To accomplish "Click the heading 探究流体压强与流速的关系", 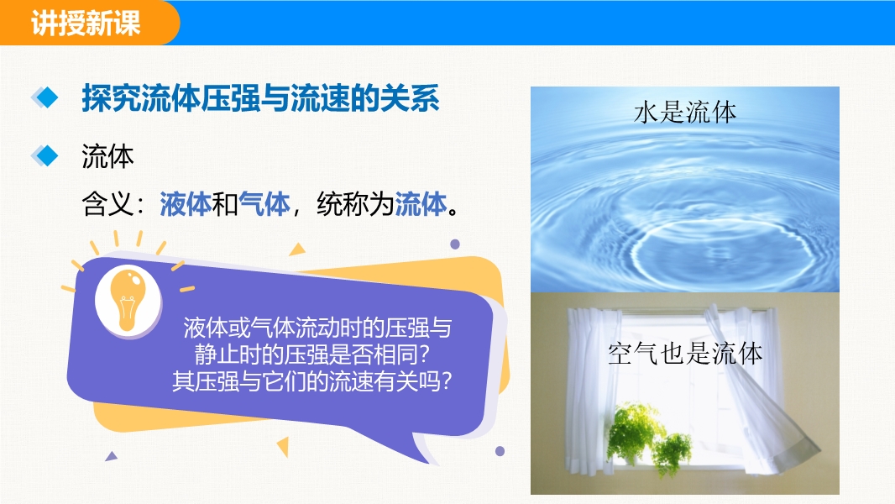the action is pos(261,98).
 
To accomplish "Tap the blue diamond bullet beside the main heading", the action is pos(45,97).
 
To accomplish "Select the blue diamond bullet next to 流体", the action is pos(45,156).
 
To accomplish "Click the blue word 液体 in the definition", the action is pos(185,204).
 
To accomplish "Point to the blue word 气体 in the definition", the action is pos(264,204).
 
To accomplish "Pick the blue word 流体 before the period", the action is pos(421,204).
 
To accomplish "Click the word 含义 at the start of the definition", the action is pos(107,204).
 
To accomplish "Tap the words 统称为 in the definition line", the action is pos(355,204).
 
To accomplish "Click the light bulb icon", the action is pos(128,300).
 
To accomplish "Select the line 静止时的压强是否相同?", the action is pos(311,354).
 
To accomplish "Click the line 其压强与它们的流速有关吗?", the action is pos(311,381).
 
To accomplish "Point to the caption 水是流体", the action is pos(685,113).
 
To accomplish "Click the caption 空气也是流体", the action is pos(685,354).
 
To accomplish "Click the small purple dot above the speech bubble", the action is pos(455,244).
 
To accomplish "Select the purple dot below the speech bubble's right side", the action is pos(500,451).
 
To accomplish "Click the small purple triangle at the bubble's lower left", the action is pos(112,456).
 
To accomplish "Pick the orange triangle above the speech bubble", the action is pos(297,249).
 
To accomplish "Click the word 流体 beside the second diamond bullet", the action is pos(107,156).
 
